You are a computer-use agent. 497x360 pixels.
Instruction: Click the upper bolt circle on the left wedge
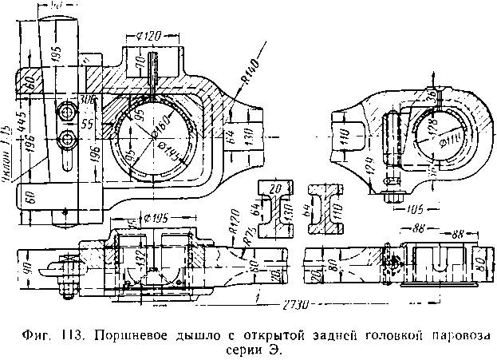point(65,112)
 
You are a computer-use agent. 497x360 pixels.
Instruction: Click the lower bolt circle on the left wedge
point(67,138)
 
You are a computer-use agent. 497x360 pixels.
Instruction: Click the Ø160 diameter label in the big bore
point(157,133)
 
